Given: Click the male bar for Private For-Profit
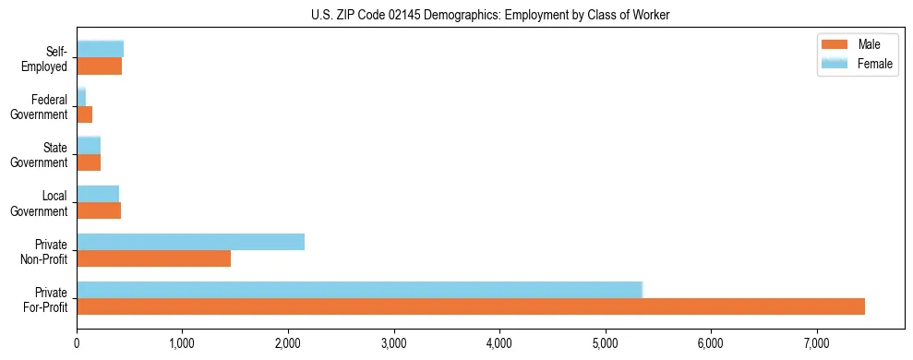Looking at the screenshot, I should pos(471,306).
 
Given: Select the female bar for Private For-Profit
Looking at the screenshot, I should pos(359,290).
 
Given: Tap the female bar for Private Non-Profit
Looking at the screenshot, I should pos(190,242).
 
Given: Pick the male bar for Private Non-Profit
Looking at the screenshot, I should pos(153,258).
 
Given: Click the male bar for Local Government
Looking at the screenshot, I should pos(99,210).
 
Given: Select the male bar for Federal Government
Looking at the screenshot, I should pos(84,114).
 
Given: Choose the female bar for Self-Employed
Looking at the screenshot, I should pos(100,49).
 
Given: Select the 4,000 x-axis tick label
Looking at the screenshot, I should pos(499,343).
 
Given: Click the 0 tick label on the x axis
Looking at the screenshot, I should pos(77,343).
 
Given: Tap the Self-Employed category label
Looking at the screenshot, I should pos(45,58).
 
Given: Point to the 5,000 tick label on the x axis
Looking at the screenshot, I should pos(605,343).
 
